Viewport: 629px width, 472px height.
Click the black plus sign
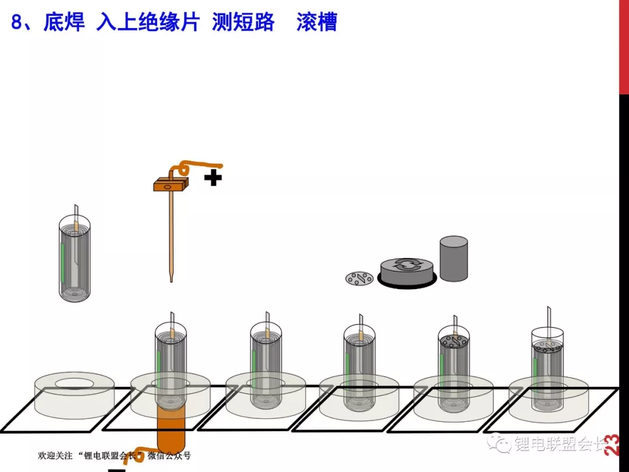click(x=213, y=177)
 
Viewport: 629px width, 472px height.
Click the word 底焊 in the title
click(x=64, y=22)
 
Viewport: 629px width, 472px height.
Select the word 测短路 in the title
click(x=243, y=22)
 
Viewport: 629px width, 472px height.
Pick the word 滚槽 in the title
click(x=317, y=22)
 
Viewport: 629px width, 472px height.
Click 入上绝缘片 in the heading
click(x=148, y=22)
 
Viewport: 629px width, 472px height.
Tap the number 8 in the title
click(x=16, y=22)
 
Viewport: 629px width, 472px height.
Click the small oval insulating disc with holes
click(x=359, y=279)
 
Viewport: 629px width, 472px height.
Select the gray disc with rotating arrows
click(x=407, y=272)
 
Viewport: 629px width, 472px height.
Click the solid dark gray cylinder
click(x=454, y=259)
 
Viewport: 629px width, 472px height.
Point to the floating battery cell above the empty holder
click(x=75, y=257)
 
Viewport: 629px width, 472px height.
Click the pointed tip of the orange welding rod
click(x=171, y=280)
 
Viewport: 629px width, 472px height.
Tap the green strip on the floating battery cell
click(x=62, y=262)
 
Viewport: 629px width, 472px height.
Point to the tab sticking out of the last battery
click(x=549, y=318)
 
